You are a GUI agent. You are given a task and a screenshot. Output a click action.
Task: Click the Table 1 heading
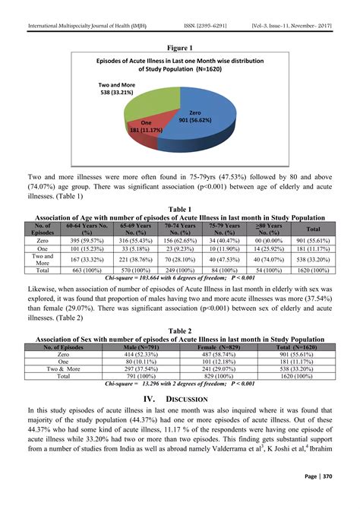tap(179, 208)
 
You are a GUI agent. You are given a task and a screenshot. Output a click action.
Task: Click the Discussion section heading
tap(179, 397)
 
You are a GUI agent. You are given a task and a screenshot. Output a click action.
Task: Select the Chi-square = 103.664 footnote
tap(179, 277)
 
